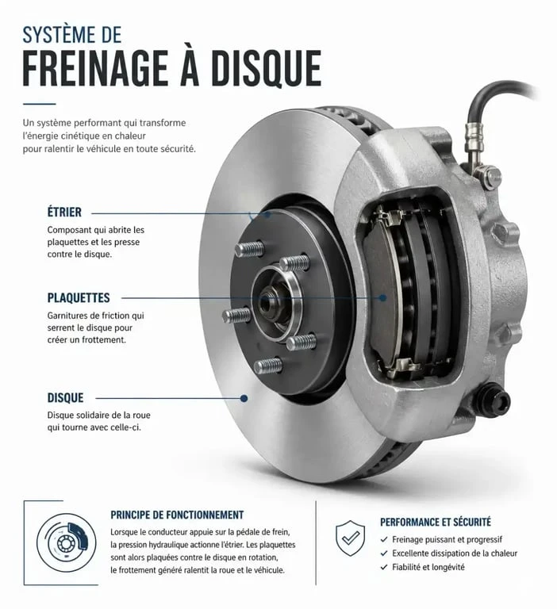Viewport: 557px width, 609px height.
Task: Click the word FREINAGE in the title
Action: [x=95, y=68]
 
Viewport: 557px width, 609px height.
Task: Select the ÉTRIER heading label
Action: [x=64, y=213]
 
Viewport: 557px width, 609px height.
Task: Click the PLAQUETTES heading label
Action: [x=79, y=298]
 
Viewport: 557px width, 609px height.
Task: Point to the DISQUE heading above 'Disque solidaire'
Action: [x=65, y=398]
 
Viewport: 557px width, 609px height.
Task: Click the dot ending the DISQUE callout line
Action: [x=244, y=398]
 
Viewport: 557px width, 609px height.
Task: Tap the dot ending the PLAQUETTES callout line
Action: [x=383, y=298]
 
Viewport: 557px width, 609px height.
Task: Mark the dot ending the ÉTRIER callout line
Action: [x=267, y=214]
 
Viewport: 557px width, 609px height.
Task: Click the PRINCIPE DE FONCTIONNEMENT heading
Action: [x=177, y=515]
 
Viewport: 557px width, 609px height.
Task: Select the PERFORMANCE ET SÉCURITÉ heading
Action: [x=436, y=522]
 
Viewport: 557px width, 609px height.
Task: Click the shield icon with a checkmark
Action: [x=350, y=538]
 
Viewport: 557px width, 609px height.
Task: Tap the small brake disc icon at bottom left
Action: [x=66, y=542]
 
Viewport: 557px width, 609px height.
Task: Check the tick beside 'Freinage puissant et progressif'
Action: [x=384, y=539]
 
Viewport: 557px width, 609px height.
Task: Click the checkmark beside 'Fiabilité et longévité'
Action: [x=384, y=567]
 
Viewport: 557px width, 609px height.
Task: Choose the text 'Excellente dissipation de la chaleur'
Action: [x=455, y=553]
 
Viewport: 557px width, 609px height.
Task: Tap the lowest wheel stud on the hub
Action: [x=268, y=366]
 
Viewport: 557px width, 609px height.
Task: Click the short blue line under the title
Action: [x=39, y=104]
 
